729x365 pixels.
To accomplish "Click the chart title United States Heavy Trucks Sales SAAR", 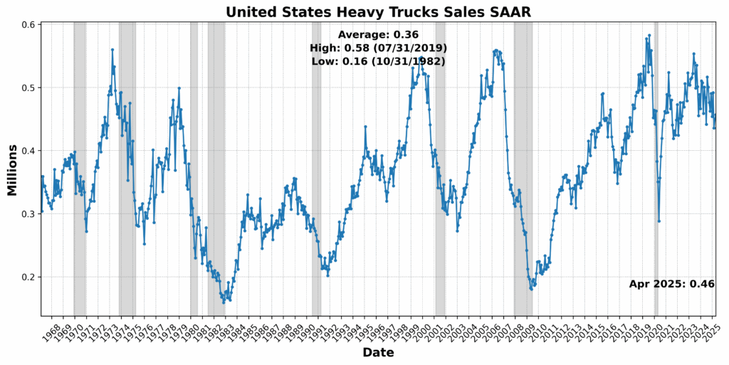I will click(x=378, y=11).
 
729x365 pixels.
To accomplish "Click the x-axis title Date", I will click(x=378, y=352).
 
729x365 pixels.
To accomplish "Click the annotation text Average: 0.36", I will click(x=378, y=34).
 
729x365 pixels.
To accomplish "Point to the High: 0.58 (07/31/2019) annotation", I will click(x=378, y=48).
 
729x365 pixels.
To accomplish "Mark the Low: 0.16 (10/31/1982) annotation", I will click(x=378, y=61).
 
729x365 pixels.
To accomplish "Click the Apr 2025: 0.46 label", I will click(x=671, y=284).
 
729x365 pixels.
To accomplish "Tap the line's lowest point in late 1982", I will click(x=224, y=302).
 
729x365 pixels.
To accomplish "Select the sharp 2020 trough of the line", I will click(x=659, y=221).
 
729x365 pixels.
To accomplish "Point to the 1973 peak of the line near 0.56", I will click(x=112, y=50).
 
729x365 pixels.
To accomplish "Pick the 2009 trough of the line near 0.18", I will click(x=531, y=289).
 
